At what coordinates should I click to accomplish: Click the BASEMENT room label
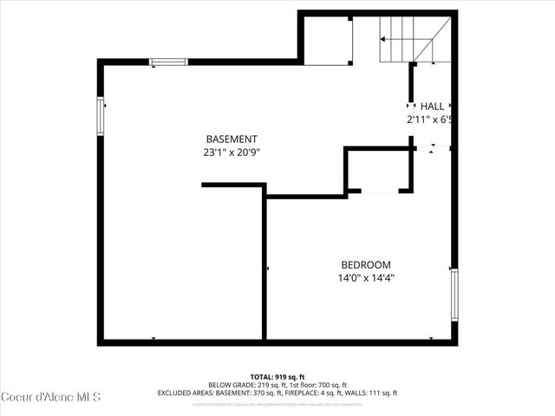(232, 139)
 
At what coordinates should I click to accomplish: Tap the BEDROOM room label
(365, 265)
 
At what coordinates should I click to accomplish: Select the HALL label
(432, 106)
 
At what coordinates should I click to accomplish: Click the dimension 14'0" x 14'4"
(365, 278)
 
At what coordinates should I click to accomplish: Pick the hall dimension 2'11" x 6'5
(431, 120)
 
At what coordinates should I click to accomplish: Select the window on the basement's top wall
(168, 62)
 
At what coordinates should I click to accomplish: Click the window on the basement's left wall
(101, 116)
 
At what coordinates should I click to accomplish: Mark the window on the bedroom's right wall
(454, 295)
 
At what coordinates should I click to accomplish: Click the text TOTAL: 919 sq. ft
(277, 375)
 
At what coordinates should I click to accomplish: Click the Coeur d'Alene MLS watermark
(51, 397)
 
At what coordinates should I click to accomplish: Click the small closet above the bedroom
(377, 170)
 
